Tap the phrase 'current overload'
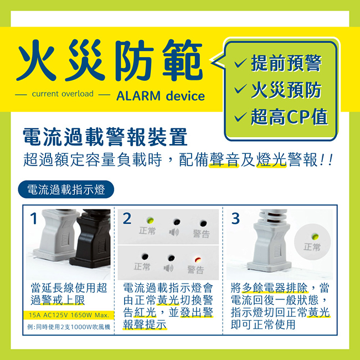pyautogui.click(x=62, y=94)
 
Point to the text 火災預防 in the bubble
pyautogui.click(x=285, y=90)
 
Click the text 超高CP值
pyautogui.click(x=289, y=116)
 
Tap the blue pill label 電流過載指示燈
pyautogui.click(x=66, y=189)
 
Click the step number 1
pyautogui.click(x=34, y=219)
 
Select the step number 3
pyautogui.click(x=235, y=219)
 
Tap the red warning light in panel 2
pyautogui.click(x=196, y=260)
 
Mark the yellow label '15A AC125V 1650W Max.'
pyautogui.click(x=69, y=315)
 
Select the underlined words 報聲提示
pyautogui.click(x=145, y=325)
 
